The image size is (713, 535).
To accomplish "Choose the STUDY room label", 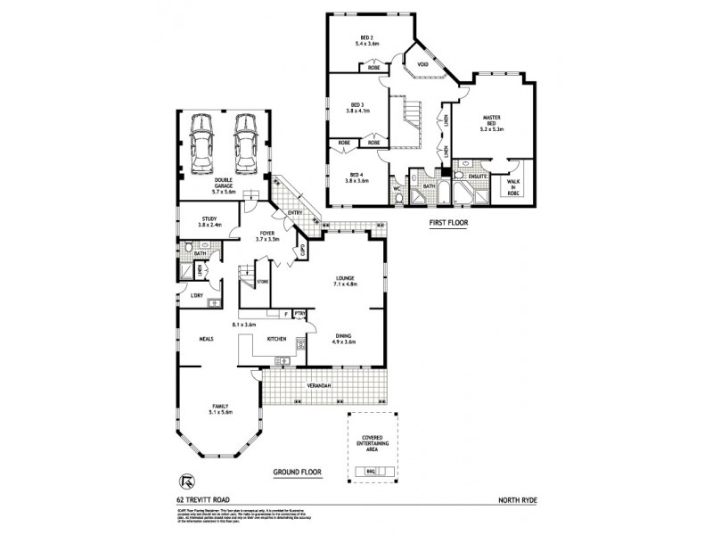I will [x=209, y=220].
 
